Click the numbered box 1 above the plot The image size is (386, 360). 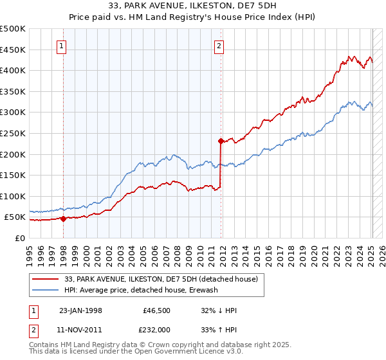[x=62, y=46]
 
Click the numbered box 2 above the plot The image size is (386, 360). [x=219, y=46]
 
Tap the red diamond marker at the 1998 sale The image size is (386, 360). [x=63, y=219]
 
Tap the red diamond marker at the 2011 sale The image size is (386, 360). [x=221, y=140]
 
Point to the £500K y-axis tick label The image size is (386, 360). [x=13, y=29]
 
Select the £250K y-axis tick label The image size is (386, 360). [x=13, y=133]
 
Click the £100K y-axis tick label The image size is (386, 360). [x=13, y=196]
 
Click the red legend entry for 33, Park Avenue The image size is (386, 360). [x=161, y=279]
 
